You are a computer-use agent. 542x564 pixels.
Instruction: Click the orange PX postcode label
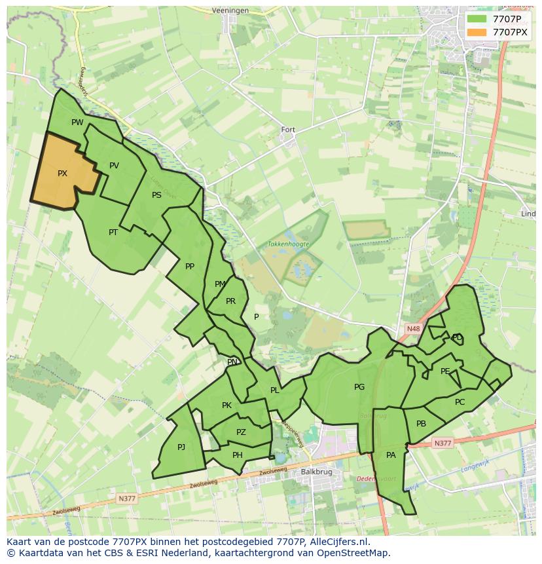62,174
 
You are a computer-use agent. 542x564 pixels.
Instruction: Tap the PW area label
77,122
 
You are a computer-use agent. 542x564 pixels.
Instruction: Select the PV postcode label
114,166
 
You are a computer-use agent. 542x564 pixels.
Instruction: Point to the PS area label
156,195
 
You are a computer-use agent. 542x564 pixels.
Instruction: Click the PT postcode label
113,233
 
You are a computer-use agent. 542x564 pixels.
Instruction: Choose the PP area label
190,267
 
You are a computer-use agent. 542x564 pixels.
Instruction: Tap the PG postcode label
359,387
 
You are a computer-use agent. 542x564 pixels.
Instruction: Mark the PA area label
391,455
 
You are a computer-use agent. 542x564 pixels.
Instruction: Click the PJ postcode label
181,447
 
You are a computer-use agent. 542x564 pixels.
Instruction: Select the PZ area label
241,432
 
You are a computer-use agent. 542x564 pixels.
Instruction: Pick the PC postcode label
460,402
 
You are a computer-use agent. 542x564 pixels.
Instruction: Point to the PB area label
421,424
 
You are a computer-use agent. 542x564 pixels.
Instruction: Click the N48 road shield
412,329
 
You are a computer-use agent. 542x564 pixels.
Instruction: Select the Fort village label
288,130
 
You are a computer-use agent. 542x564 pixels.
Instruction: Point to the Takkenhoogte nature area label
288,244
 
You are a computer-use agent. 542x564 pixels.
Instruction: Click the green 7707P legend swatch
477,19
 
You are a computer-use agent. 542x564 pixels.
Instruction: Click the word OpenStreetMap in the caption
351,553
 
